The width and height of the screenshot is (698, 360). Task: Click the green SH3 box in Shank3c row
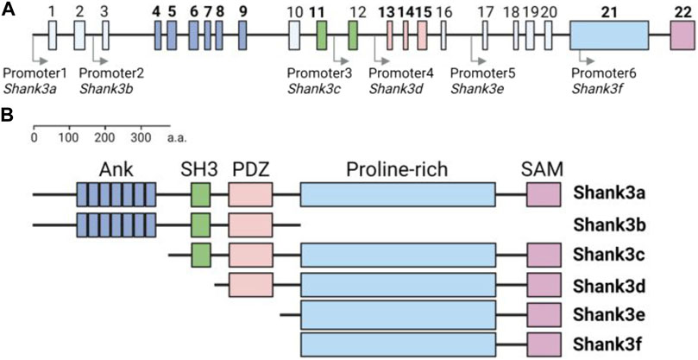(201, 256)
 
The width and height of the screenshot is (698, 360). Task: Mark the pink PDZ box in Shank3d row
(250, 284)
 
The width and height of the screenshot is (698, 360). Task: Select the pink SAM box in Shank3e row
(544, 314)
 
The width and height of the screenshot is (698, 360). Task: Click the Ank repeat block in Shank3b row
(116, 226)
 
